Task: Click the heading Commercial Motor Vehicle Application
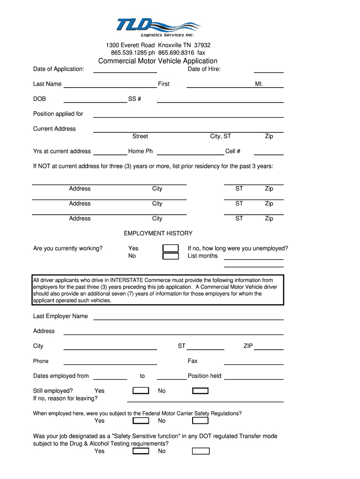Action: click(x=158, y=61)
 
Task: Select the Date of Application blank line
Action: click(x=125, y=72)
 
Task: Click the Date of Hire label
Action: click(x=204, y=69)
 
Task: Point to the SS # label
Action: click(x=135, y=99)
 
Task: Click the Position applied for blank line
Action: click(x=188, y=116)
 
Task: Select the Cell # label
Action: click(x=233, y=152)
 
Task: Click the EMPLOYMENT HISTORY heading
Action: click(x=158, y=233)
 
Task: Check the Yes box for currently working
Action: click(x=171, y=248)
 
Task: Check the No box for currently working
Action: click(x=171, y=256)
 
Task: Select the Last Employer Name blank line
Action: click(x=188, y=319)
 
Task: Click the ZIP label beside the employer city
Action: click(x=248, y=346)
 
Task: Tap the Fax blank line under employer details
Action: click(x=254, y=363)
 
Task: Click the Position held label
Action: click(x=204, y=376)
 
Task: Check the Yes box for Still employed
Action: click(x=141, y=391)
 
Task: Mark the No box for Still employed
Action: click(x=201, y=391)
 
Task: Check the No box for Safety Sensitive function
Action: click(x=201, y=451)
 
